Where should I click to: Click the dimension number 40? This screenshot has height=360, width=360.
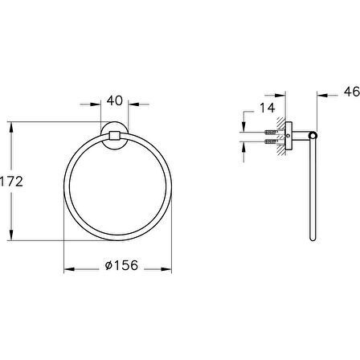pyautogui.click(x=115, y=100)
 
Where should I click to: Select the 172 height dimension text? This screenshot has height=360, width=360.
pyautogui.click(x=11, y=182)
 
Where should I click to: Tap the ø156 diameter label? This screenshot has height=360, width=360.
pyautogui.click(x=121, y=265)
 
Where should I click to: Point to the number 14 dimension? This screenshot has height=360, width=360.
pyautogui.click(x=268, y=108)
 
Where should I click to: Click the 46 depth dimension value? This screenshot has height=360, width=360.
pyautogui.click(x=352, y=92)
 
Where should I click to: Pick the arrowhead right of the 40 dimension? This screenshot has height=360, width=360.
pyautogui.click(x=133, y=104)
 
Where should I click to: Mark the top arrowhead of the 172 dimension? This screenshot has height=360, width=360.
pyautogui.click(x=11, y=127)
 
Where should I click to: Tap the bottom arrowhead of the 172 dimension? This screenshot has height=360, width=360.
pyautogui.click(x=11, y=235)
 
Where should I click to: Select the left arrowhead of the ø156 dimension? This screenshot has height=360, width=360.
pyautogui.click(x=69, y=269)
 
